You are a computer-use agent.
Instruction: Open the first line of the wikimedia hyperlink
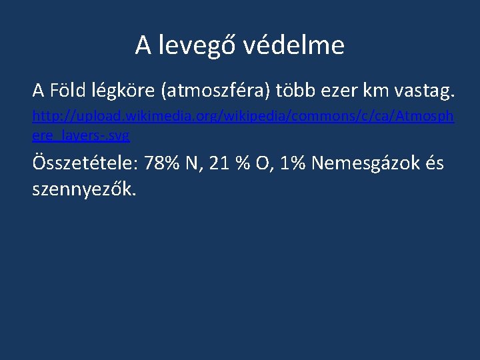[x=243, y=117]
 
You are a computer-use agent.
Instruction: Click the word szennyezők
[x=84, y=190]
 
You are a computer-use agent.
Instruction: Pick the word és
[x=434, y=163]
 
